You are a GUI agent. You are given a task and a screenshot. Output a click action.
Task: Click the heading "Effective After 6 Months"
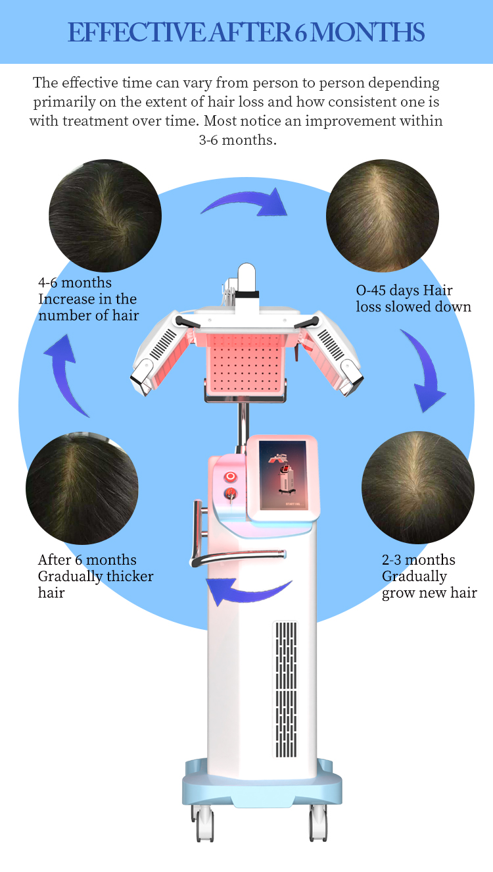pos(246,32)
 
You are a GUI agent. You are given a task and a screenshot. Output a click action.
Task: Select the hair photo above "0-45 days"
pos(382,215)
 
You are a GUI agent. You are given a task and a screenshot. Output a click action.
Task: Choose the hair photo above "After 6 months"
pos(82,488)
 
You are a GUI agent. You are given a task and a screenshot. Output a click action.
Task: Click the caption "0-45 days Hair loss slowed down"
pos(413,298)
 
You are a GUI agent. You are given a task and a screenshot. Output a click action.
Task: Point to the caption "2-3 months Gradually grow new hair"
pos(429,577)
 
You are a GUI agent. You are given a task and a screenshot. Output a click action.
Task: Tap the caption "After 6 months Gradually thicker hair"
pos(96,576)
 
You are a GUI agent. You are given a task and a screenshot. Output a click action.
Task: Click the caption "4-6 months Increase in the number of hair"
pos(89,299)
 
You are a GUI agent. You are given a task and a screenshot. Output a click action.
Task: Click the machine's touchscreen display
pos(283,474)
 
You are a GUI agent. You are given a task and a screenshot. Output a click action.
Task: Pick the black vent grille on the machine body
pos(285,689)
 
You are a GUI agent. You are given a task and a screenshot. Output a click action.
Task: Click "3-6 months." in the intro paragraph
pos(237,140)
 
